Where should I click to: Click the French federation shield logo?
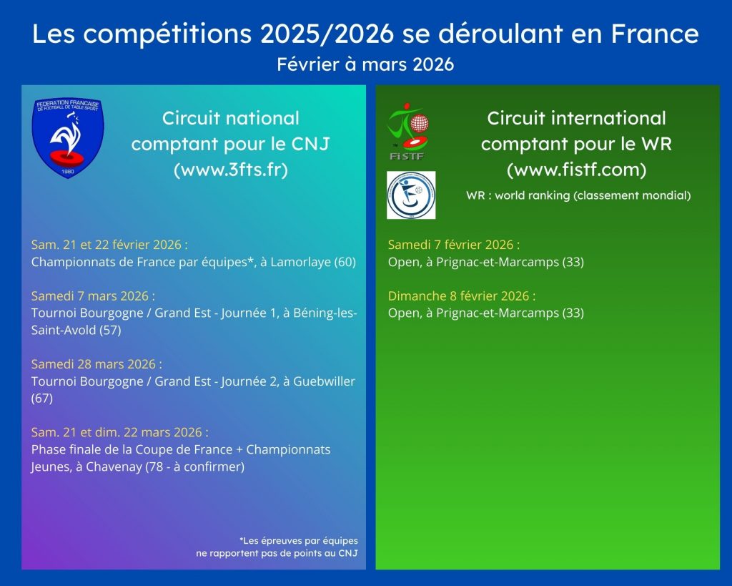click(68, 138)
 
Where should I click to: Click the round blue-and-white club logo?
click(411, 195)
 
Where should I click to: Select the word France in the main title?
click(655, 34)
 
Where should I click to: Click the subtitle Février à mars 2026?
click(365, 64)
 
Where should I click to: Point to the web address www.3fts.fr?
click(231, 169)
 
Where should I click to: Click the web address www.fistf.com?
click(577, 169)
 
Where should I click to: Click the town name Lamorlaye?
click(301, 262)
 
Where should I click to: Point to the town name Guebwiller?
click(324, 381)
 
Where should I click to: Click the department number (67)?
click(42, 398)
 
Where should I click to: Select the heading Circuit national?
click(231, 118)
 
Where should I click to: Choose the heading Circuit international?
click(577, 118)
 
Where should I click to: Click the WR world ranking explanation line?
click(578, 195)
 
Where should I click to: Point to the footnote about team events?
click(277, 547)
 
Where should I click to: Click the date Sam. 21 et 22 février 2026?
click(109, 245)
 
